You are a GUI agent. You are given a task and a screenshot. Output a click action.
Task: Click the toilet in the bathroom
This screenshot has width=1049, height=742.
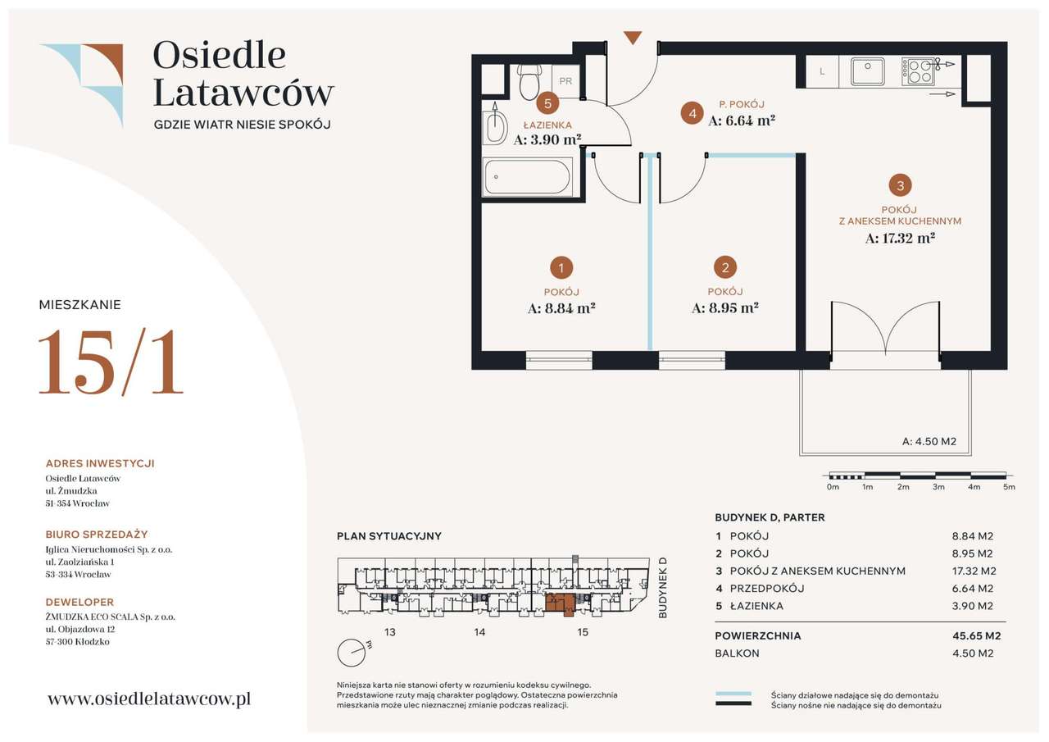(529, 81)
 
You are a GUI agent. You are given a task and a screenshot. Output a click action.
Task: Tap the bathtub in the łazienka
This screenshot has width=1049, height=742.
(527, 177)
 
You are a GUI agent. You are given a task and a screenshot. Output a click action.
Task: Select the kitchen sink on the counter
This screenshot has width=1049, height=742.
(867, 71)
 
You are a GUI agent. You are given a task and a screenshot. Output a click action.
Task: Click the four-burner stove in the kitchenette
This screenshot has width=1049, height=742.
(918, 71)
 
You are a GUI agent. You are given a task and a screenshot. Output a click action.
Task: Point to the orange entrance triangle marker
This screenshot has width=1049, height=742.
(633, 38)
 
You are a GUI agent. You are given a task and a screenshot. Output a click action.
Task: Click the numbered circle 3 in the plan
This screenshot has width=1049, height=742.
(900, 185)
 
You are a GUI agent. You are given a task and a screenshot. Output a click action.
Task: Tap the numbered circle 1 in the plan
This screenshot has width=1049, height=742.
(561, 268)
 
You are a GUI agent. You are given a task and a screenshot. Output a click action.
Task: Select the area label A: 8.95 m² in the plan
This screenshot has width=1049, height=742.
(725, 307)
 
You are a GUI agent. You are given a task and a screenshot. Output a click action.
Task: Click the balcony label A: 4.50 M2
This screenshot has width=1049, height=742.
(929, 441)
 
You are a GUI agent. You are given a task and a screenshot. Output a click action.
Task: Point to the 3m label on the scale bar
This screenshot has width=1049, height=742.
(938, 487)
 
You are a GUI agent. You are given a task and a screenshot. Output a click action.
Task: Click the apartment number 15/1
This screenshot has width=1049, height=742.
(111, 362)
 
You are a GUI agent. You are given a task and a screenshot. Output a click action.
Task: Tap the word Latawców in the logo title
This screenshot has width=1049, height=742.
(243, 93)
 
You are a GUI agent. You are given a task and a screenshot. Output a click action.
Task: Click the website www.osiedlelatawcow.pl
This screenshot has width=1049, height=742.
(149, 699)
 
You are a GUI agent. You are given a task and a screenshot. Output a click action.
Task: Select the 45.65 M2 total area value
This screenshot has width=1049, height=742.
(976, 635)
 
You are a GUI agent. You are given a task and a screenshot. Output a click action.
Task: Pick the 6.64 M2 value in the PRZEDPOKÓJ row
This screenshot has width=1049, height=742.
(972, 588)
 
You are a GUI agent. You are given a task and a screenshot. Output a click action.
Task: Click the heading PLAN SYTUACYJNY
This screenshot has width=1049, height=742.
(389, 536)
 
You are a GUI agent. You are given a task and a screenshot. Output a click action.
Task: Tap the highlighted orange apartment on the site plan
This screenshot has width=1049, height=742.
(560, 603)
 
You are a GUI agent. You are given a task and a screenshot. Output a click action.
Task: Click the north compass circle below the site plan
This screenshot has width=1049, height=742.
(352, 653)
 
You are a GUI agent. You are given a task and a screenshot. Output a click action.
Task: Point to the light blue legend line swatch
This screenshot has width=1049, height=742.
(733, 694)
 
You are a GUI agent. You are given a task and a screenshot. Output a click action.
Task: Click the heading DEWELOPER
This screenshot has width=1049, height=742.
(79, 602)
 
